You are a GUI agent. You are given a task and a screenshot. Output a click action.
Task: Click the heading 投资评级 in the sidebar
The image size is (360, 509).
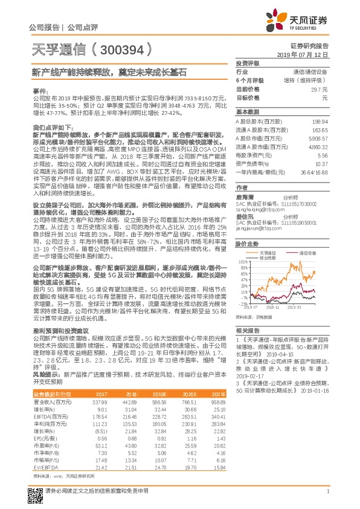[247, 63]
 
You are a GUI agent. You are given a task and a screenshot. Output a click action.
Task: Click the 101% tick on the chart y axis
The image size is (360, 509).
[242, 245]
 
